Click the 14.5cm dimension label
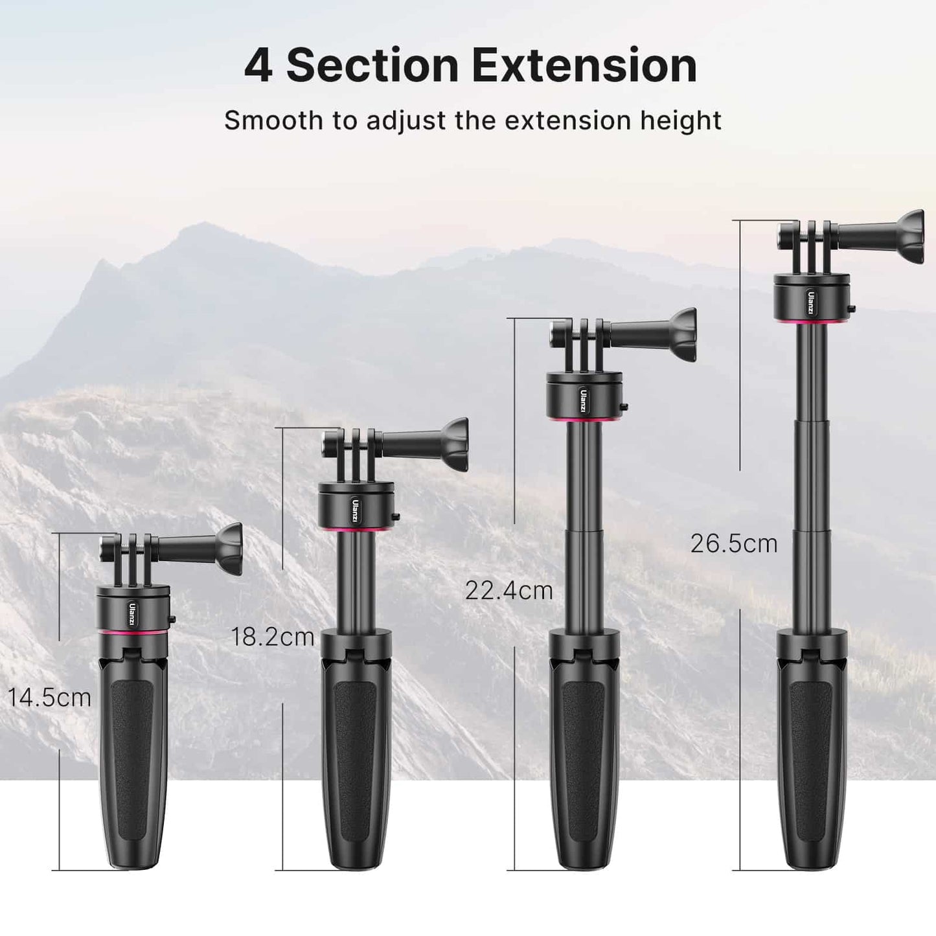(49, 698)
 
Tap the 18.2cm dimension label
(273, 637)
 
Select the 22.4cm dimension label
(508, 591)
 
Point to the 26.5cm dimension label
(734, 543)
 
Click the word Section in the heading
(372, 66)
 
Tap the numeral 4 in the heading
(258, 66)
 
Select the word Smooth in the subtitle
(273, 120)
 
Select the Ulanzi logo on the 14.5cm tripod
(132, 614)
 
